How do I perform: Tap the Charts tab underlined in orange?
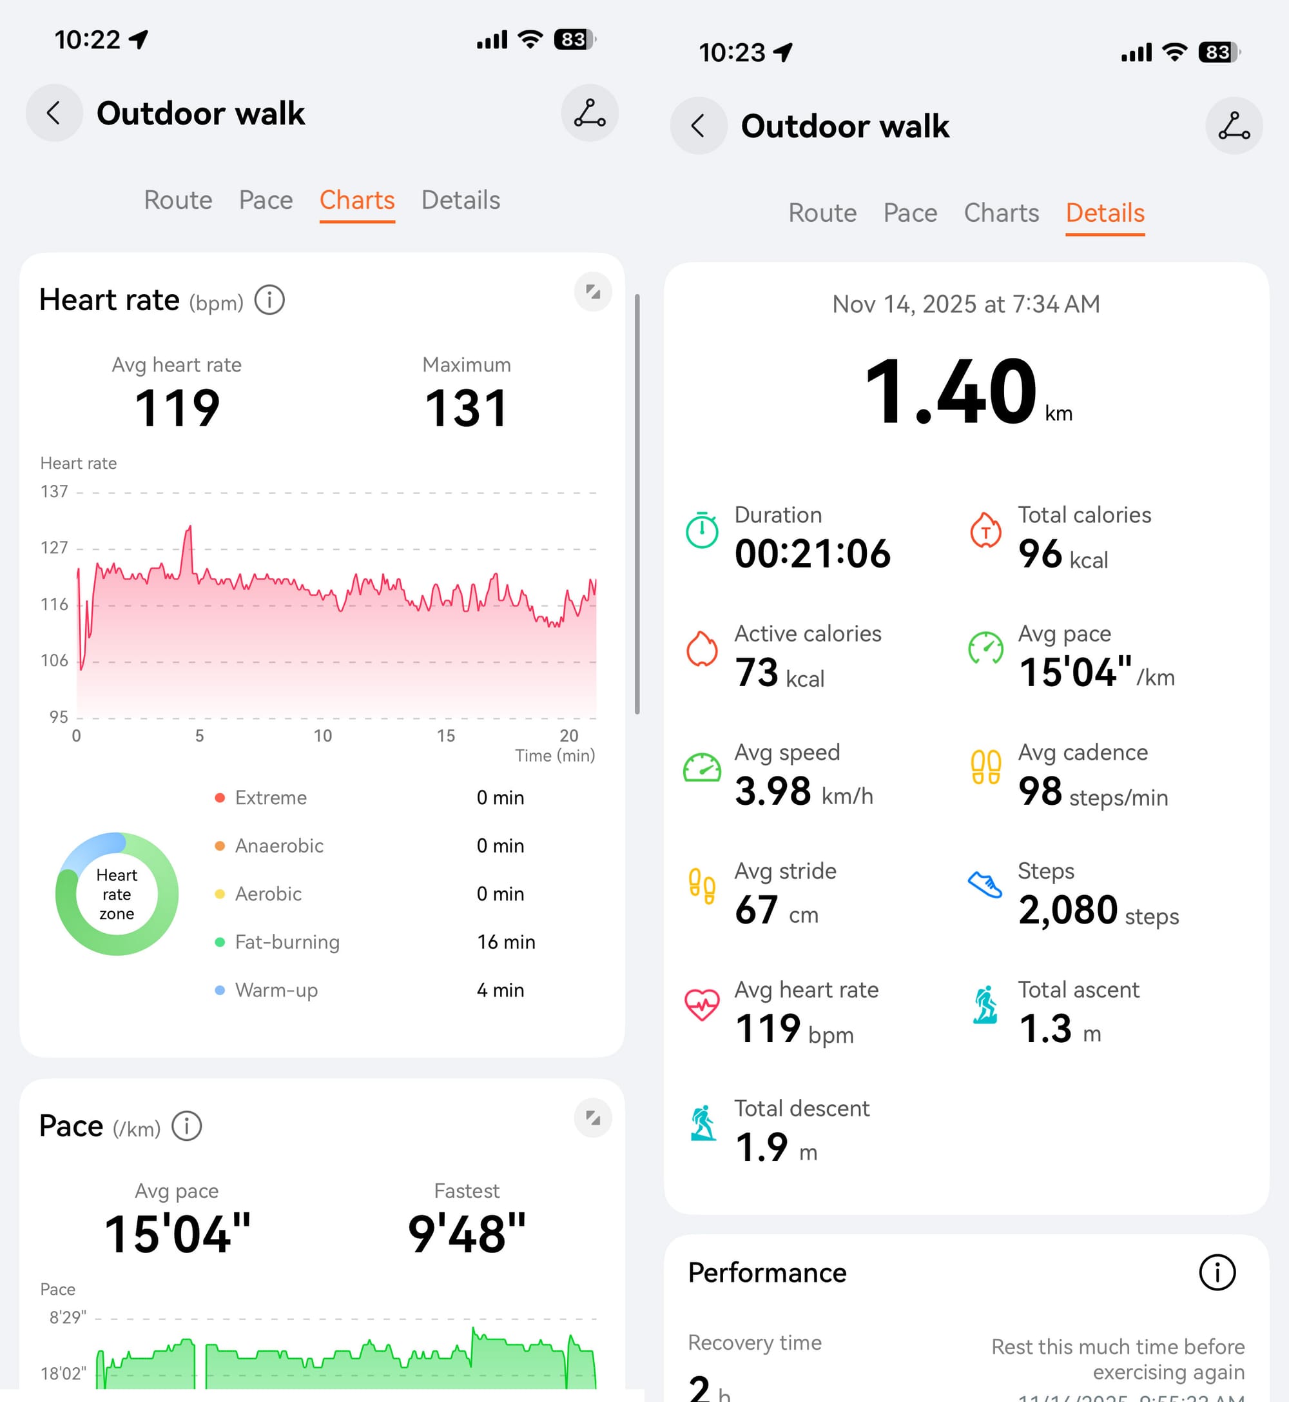[357, 201]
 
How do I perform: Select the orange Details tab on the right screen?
[1105, 213]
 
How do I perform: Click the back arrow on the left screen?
[53, 113]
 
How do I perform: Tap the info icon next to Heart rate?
[269, 301]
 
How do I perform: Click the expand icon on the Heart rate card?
[593, 291]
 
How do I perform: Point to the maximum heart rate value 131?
[466, 408]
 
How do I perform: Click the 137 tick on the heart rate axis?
[54, 492]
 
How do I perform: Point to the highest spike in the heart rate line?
[188, 528]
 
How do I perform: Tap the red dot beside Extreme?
[220, 798]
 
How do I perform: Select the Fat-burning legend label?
[287, 942]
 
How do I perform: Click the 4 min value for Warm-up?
[500, 991]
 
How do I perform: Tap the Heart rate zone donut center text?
[117, 894]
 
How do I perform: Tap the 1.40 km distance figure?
[951, 392]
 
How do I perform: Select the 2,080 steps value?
[1067, 911]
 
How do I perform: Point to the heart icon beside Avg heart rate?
[702, 1005]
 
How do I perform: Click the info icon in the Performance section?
[1217, 1272]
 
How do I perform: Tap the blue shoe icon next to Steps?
[985, 885]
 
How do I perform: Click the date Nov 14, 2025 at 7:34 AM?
[966, 304]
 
